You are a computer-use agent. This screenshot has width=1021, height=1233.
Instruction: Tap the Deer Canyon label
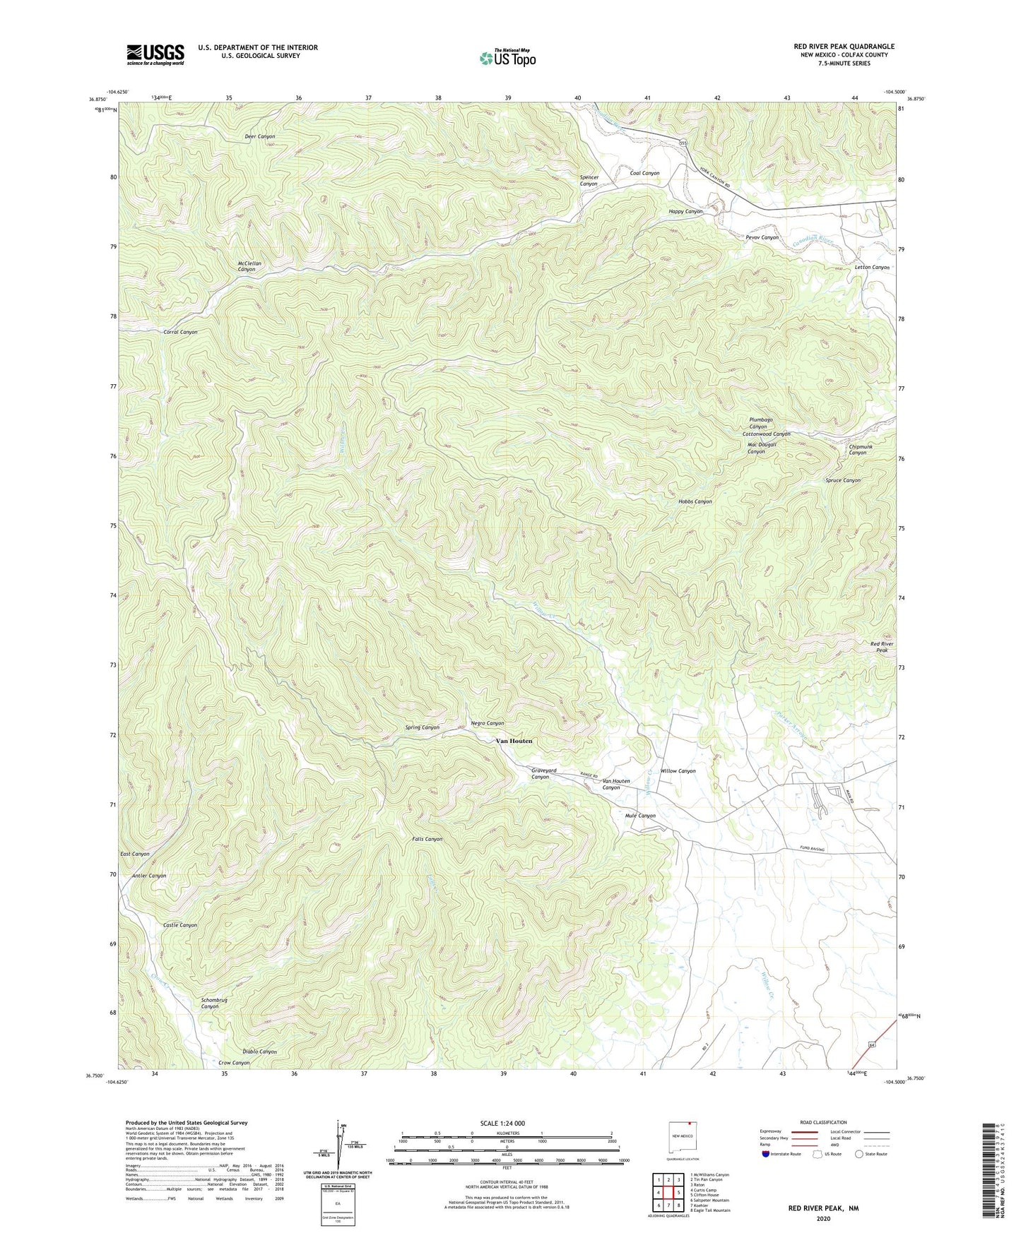[259, 136]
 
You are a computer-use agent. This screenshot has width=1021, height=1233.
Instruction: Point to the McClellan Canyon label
[249, 266]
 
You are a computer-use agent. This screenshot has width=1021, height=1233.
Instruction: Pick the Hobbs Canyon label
[695, 501]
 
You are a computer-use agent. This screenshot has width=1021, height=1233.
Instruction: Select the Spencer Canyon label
[589, 181]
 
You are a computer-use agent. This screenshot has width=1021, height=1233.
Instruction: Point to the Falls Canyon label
[427, 839]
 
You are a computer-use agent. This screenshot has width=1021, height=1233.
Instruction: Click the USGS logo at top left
[155, 54]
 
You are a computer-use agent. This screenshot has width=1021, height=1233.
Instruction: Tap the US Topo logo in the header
[507, 57]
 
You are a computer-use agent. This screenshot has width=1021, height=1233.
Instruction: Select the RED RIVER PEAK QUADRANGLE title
[844, 47]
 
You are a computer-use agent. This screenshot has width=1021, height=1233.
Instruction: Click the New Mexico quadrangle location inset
[683, 1138]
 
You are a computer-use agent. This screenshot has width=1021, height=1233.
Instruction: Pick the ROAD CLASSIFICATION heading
[823, 1122]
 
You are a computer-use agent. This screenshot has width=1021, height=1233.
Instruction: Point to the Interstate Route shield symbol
[767, 1154]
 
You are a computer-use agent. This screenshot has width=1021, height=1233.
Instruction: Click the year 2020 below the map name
[823, 1218]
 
